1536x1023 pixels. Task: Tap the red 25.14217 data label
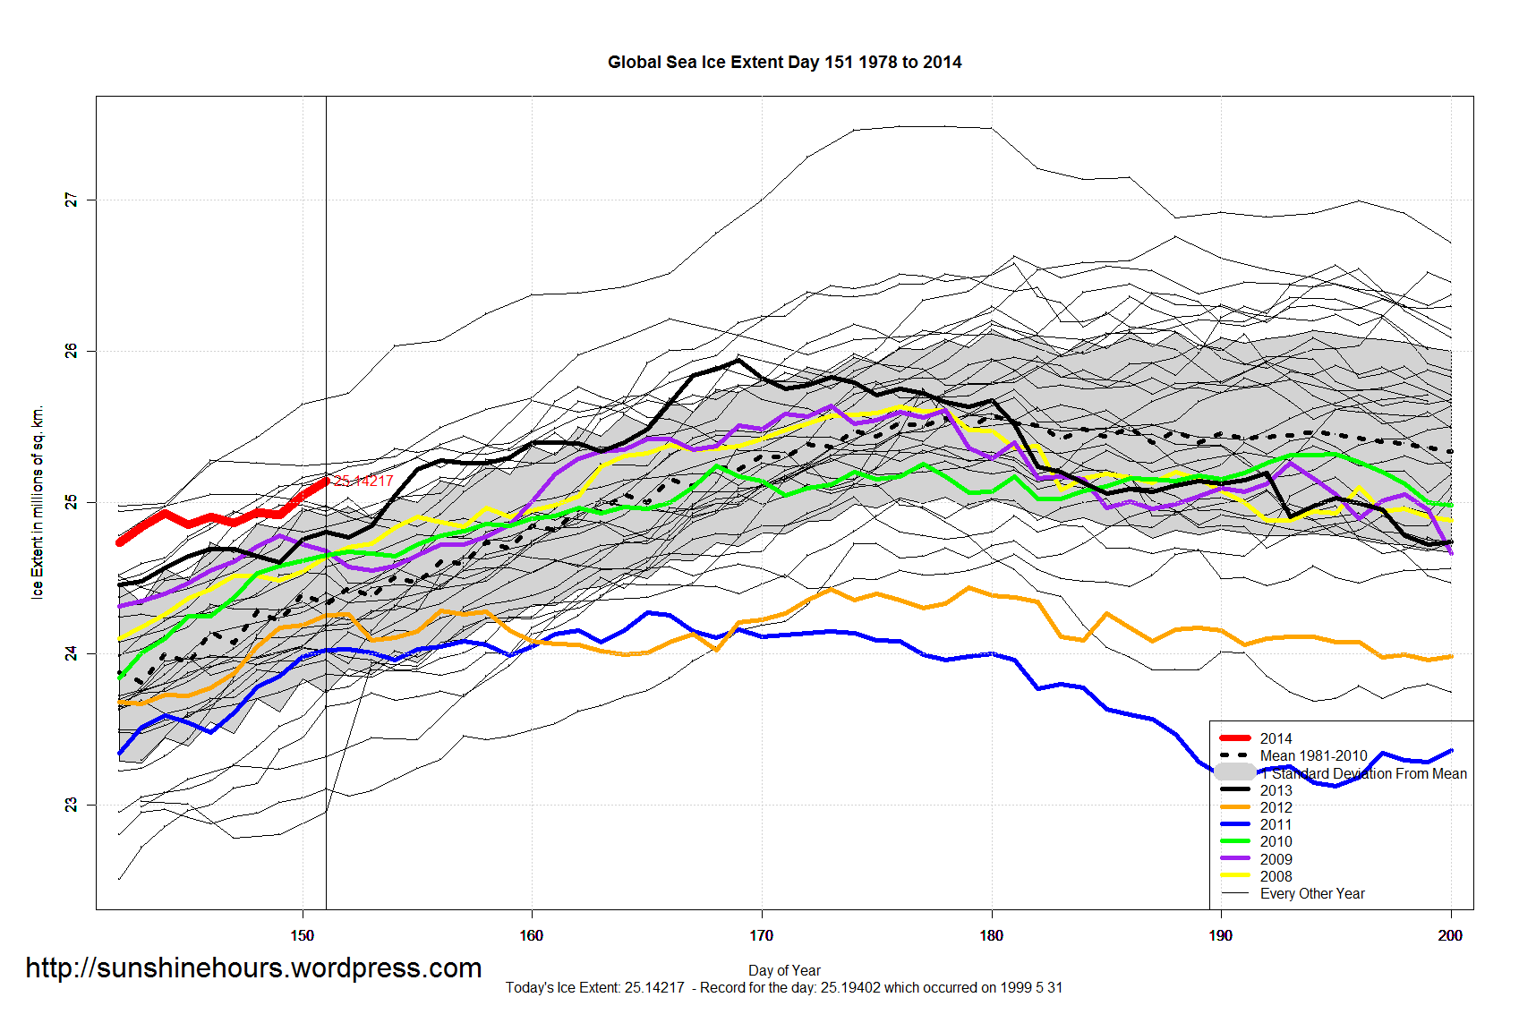(x=363, y=482)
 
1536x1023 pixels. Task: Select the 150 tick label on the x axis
(x=303, y=935)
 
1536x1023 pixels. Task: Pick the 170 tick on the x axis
(x=762, y=935)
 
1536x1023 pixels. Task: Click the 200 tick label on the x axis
(x=1450, y=935)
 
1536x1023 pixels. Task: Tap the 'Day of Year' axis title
(x=784, y=970)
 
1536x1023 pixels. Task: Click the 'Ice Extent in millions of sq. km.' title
(x=38, y=503)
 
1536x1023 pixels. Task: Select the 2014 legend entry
(x=1276, y=738)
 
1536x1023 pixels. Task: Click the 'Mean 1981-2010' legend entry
(x=1313, y=755)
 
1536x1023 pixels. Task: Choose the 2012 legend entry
(x=1276, y=807)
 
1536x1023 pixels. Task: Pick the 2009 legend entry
(x=1276, y=859)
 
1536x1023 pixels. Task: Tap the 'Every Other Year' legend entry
(x=1312, y=893)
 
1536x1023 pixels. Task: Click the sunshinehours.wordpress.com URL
(x=253, y=968)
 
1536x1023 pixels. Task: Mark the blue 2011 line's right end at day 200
(x=1451, y=750)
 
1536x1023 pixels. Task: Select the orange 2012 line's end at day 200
(x=1451, y=656)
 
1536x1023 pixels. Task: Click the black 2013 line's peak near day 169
(x=738, y=360)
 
